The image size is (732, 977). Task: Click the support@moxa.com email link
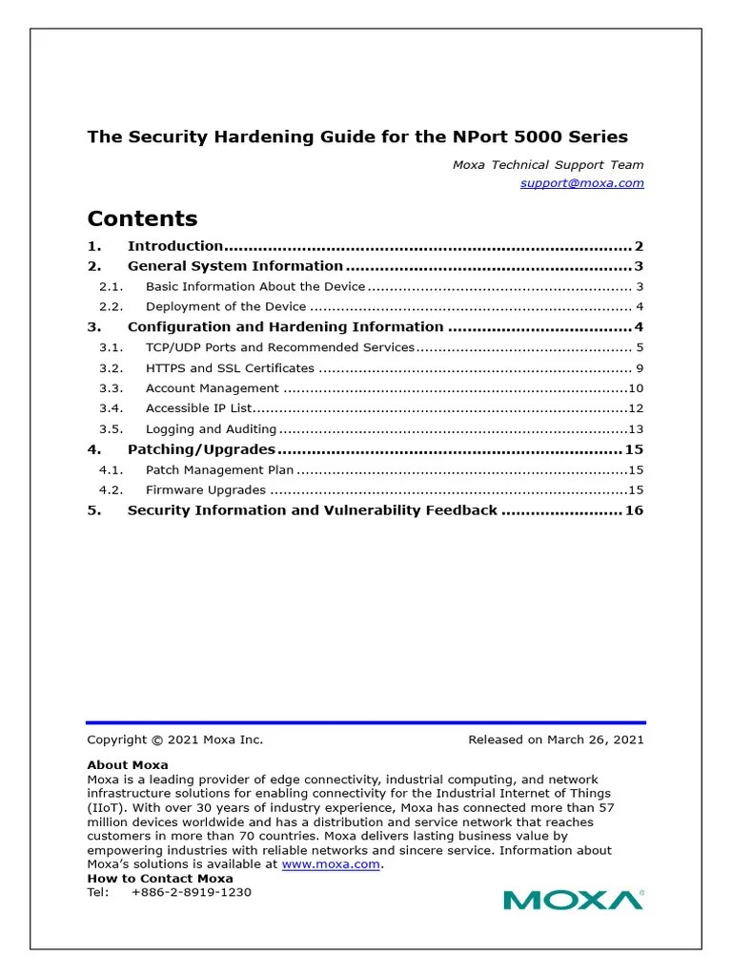(581, 182)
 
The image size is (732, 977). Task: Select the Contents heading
(142, 218)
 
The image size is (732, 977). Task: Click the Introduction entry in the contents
(174, 246)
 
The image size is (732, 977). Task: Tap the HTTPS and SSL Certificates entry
(229, 368)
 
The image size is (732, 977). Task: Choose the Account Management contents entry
(212, 388)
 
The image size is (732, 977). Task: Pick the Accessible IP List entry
(198, 408)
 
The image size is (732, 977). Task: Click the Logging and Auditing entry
(211, 429)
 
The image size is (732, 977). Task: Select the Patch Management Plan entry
(219, 469)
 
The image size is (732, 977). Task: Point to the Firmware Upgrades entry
(205, 489)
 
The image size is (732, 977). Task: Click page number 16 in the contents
(634, 510)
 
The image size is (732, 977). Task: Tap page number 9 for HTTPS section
(640, 368)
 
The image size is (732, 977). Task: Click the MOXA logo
(572, 900)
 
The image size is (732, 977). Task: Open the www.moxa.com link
(331, 864)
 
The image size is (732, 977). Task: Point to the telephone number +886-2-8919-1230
(192, 892)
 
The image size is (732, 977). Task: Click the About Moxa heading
(128, 765)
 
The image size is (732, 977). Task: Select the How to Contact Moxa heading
(160, 879)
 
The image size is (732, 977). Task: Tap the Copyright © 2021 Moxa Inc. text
(174, 739)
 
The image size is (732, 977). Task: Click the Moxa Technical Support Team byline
(547, 165)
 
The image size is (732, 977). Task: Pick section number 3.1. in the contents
(112, 348)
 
